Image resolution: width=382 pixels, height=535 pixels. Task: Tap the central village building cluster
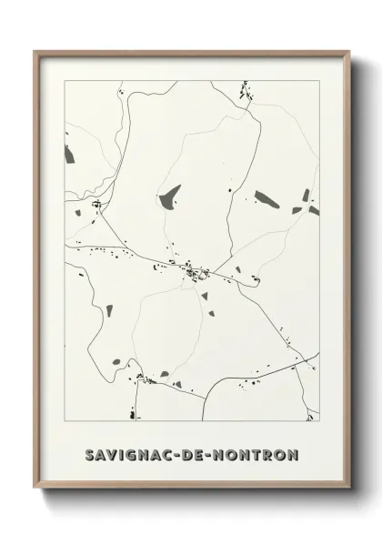[x=193, y=271]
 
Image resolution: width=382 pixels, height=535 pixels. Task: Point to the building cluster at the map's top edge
[x=244, y=90]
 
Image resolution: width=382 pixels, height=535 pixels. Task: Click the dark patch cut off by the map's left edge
[x=68, y=155]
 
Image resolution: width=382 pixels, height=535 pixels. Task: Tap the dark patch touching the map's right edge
[x=314, y=210]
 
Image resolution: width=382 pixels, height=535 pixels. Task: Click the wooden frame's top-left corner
[x=35, y=52]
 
